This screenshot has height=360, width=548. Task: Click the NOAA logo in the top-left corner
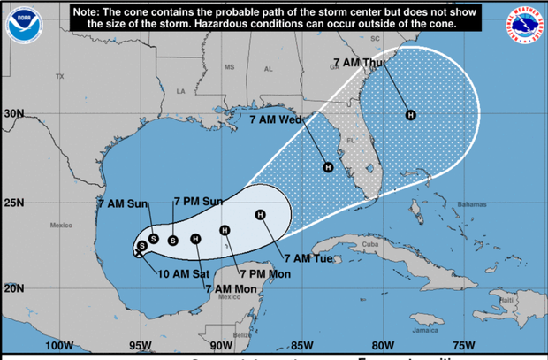click(x=18, y=24)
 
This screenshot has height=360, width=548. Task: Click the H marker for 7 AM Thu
click(x=410, y=114)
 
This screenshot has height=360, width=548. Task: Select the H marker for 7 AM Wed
click(x=328, y=167)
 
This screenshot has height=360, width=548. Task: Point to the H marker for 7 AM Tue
click(x=260, y=215)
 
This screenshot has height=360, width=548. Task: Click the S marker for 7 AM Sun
click(x=154, y=238)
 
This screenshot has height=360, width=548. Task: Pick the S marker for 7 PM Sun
click(x=173, y=240)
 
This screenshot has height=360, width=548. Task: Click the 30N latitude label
click(x=13, y=114)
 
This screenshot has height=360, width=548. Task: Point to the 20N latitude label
click(x=13, y=287)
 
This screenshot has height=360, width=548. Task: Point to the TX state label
click(x=60, y=76)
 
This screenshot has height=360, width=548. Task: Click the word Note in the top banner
click(x=92, y=12)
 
